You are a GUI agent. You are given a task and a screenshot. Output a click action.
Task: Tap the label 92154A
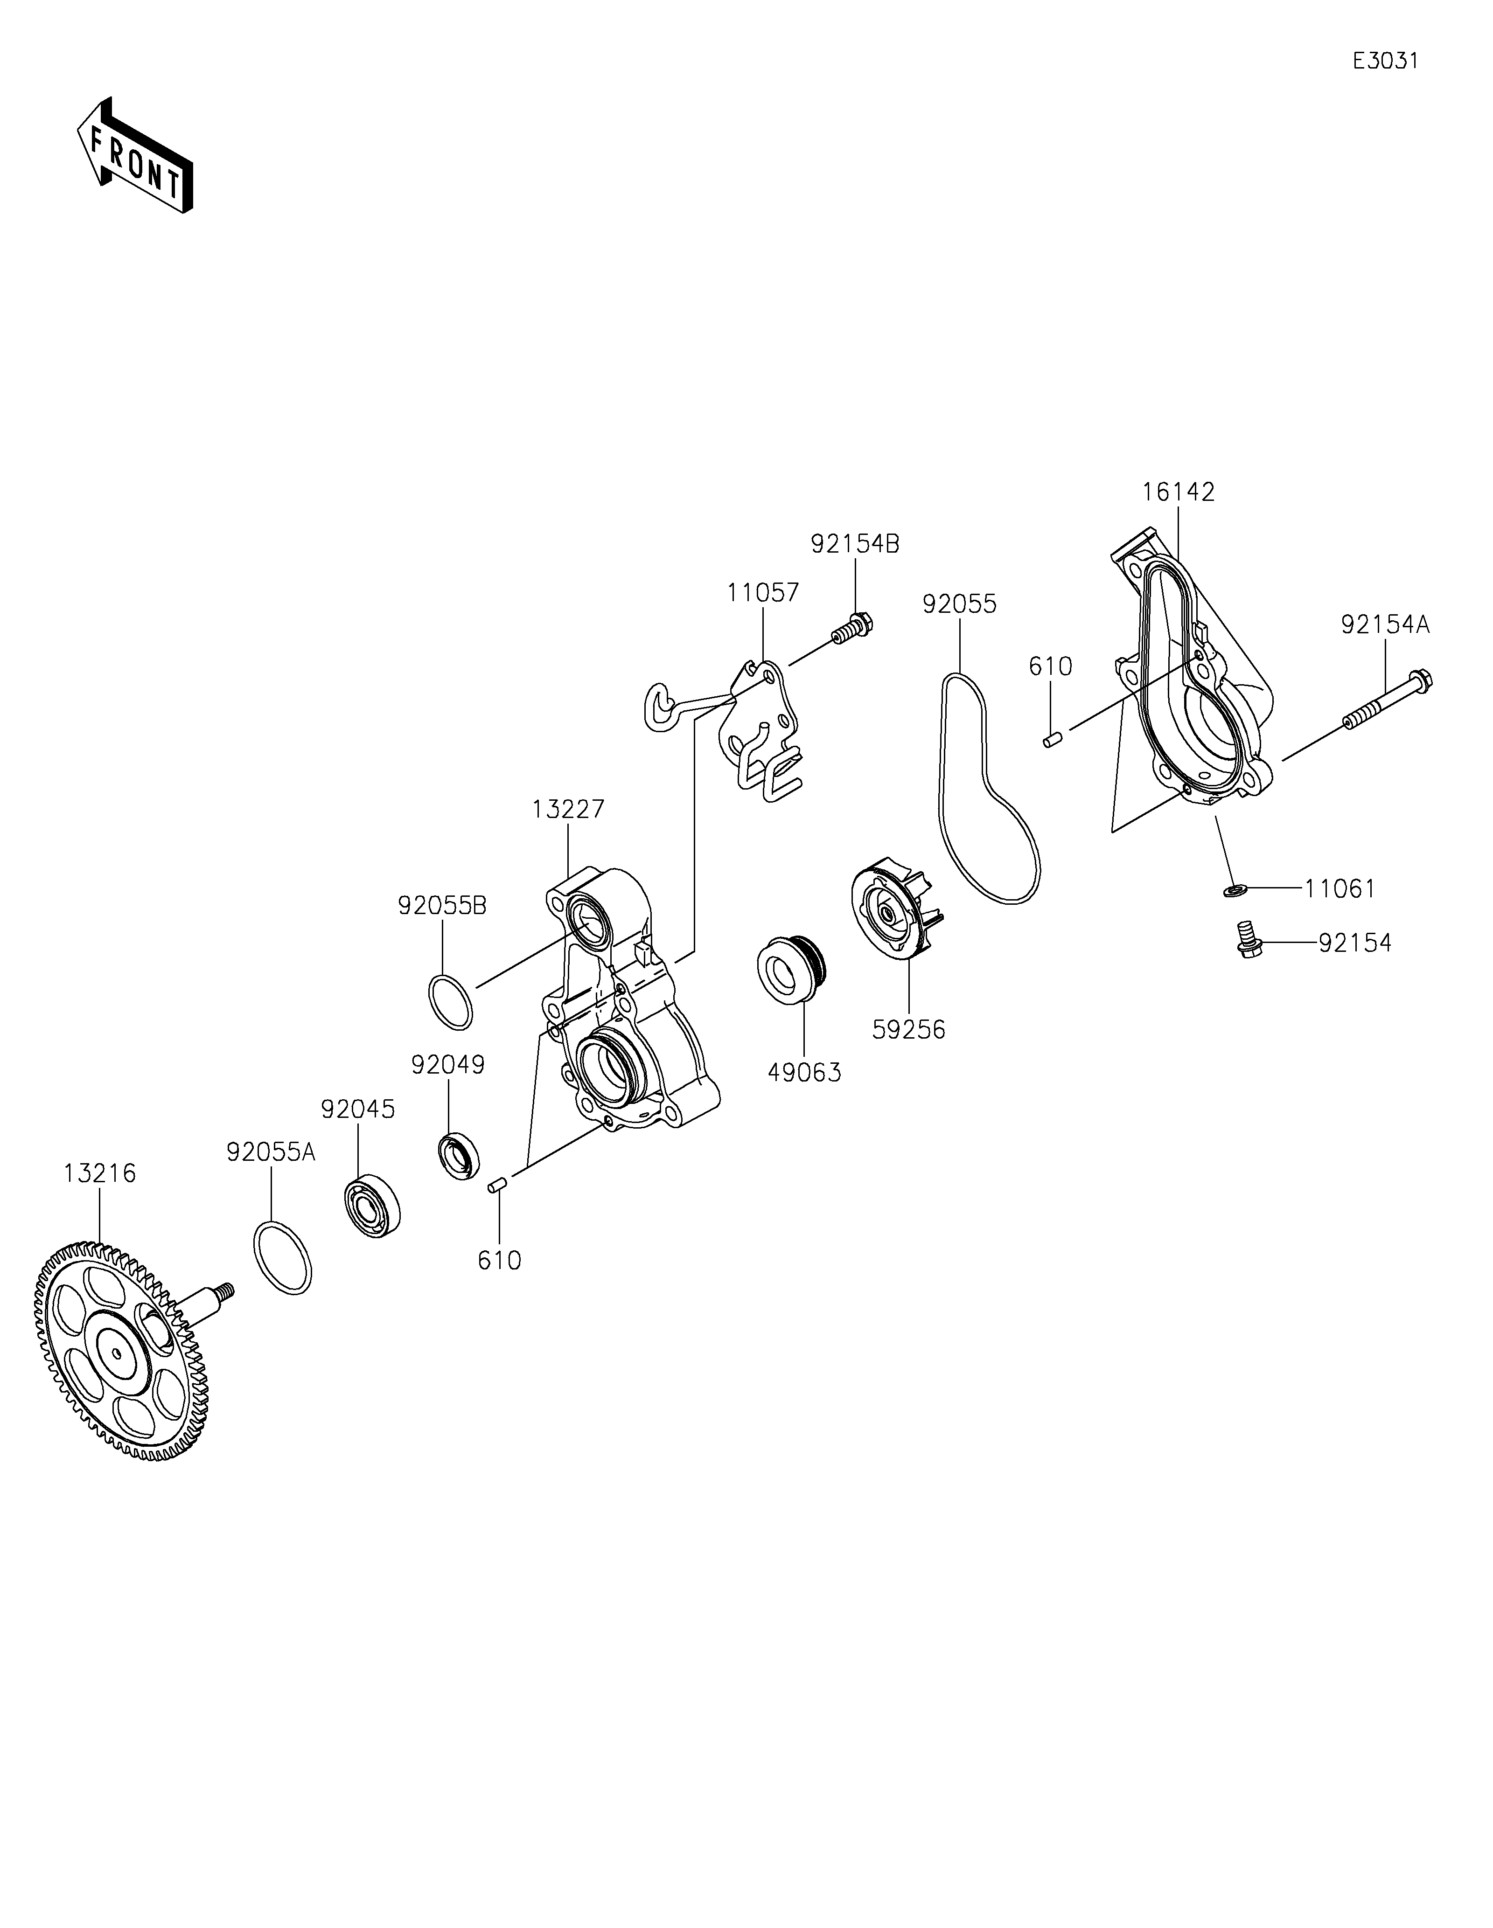tap(1384, 625)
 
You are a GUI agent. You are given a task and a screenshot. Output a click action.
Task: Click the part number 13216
tap(100, 1173)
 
